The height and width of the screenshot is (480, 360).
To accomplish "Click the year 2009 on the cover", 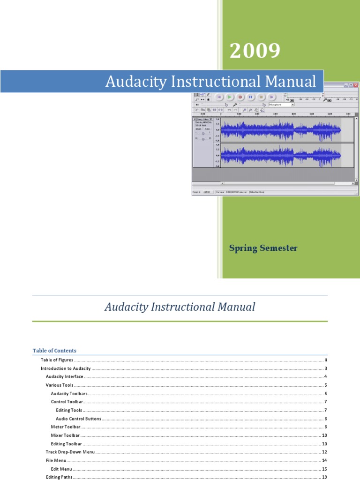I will click(x=255, y=51).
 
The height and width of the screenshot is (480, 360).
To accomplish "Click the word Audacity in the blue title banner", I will click(x=132, y=82).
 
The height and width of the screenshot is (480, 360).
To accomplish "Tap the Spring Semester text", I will click(x=263, y=248).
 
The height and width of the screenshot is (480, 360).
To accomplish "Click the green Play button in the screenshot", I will click(x=229, y=97).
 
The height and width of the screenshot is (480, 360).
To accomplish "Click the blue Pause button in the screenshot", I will click(x=250, y=97).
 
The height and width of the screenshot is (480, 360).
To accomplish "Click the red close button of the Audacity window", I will click(x=356, y=86).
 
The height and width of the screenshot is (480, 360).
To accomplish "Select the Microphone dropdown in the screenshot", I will click(x=281, y=105).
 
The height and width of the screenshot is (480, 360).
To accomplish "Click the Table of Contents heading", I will click(x=54, y=351).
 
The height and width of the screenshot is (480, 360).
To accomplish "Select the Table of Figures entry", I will click(x=57, y=360).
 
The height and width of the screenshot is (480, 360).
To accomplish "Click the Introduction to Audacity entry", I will click(x=66, y=368).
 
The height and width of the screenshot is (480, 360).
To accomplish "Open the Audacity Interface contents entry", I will click(x=65, y=377).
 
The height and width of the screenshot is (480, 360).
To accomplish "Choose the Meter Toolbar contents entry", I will click(x=66, y=427).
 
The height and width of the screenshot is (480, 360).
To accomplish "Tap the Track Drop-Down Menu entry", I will click(x=70, y=452).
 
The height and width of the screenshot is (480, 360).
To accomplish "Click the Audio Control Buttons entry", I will click(x=78, y=419).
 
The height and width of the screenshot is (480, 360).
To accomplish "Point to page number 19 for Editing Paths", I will click(x=324, y=477).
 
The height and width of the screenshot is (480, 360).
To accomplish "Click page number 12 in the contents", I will click(x=324, y=452).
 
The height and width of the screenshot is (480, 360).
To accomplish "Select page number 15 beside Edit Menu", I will click(x=324, y=469).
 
